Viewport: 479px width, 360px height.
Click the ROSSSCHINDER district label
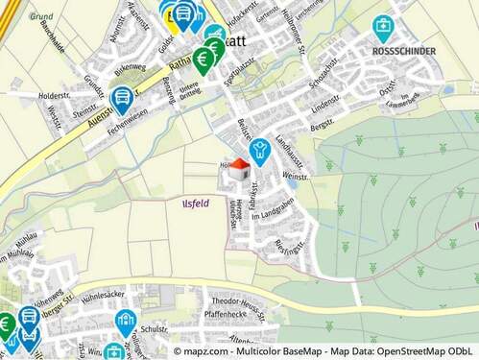point(403,51)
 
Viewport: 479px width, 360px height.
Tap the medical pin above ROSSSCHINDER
point(383,26)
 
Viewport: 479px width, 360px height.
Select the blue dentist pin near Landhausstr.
point(257,151)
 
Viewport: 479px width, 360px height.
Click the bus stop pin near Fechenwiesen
point(122,97)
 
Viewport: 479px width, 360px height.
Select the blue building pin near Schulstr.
point(125,321)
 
